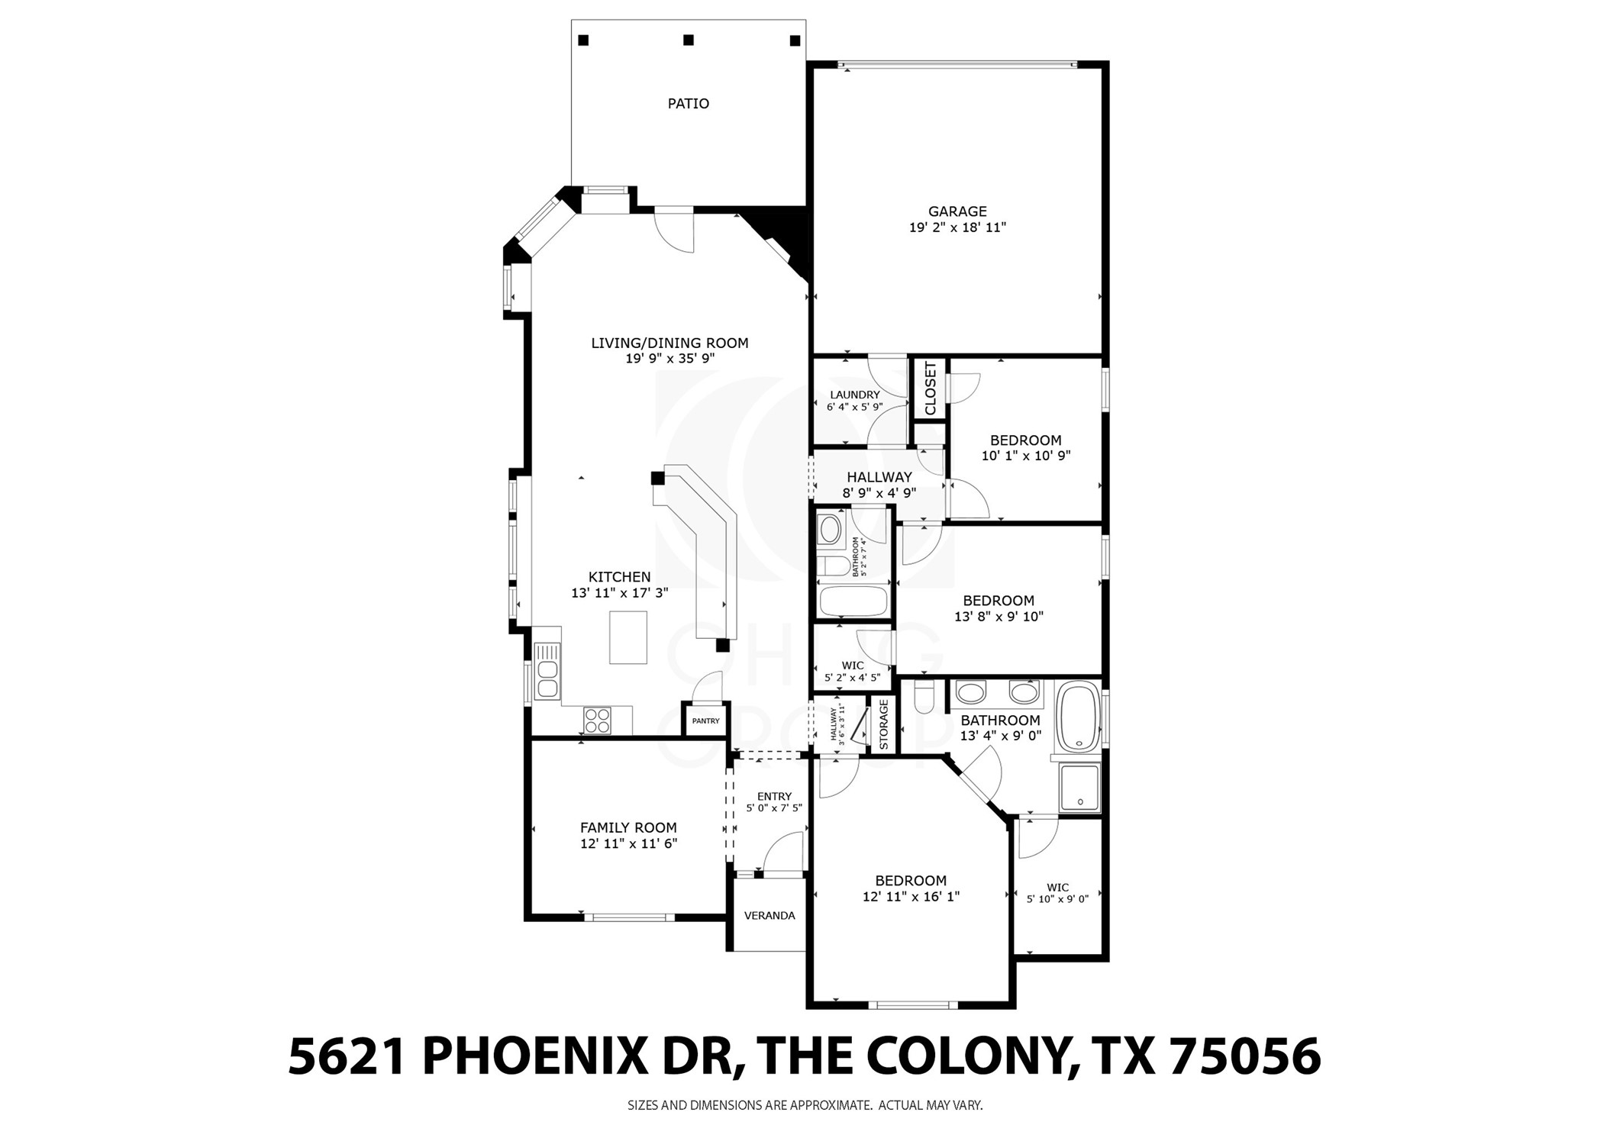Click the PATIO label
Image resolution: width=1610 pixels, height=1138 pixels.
(x=688, y=104)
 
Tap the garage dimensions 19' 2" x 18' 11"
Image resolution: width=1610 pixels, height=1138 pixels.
(x=957, y=227)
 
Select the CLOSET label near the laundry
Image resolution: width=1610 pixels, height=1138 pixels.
(x=930, y=388)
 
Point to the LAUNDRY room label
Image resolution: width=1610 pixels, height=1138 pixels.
(x=854, y=395)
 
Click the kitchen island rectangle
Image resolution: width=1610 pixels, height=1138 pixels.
(x=628, y=637)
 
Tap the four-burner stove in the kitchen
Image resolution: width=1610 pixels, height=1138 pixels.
(x=597, y=721)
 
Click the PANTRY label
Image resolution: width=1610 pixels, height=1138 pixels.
(x=705, y=721)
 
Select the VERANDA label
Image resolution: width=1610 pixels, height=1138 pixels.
(x=769, y=916)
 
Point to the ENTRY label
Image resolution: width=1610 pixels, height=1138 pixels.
(x=774, y=797)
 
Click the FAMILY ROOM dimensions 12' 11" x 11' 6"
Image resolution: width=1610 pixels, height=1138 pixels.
(x=628, y=843)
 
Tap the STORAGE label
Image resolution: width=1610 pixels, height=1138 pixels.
(x=883, y=724)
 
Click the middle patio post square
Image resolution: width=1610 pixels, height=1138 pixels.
(x=688, y=40)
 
